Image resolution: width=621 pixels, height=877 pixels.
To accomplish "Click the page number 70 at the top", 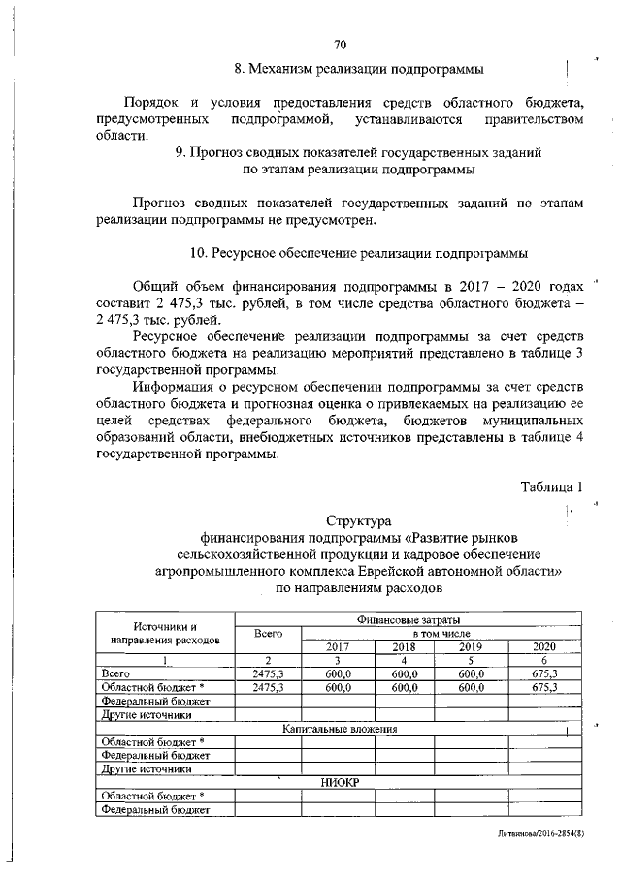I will pyautogui.click(x=340, y=45).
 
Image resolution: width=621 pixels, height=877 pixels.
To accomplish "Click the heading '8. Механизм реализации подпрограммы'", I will pyautogui.click(x=360, y=70).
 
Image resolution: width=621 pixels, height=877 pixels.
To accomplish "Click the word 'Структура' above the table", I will pyautogui.click(x=359, y=521).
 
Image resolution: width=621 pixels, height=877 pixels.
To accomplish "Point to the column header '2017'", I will pyautogui.click(x=338, y=647).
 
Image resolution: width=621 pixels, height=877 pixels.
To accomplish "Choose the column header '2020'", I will pyautogui.click(x=545, y=647).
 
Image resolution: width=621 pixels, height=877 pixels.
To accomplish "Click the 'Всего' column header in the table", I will pyautogui.click(x=268, y=633).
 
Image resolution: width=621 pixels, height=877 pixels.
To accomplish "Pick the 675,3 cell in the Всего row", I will pyautogui.click(x=545, y=673).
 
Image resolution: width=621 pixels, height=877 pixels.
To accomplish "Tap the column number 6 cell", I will pyautogui.click(x=545, y=660).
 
